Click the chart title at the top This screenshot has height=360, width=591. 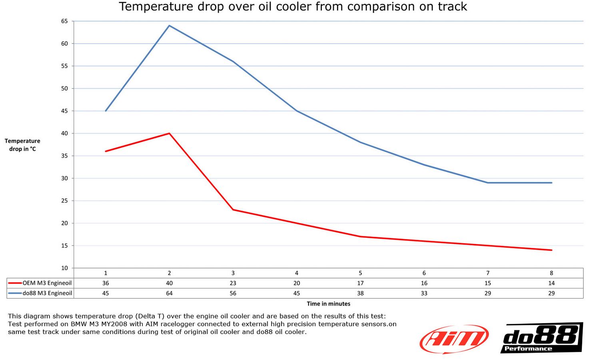click(293, 7)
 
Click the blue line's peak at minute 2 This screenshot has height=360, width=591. click(170, 26)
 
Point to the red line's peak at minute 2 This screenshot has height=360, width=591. click(170, 133)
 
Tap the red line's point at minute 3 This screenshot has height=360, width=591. click(233, 210)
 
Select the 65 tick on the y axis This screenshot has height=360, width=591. click(65, 21)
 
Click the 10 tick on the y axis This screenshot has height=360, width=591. click(65, 268)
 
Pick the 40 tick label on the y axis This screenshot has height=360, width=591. click(65, 133)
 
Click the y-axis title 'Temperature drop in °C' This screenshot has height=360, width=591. click(22, 145)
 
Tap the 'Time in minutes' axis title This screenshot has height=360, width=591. click(328, 304)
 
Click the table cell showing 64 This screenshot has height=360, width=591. click(170, 293)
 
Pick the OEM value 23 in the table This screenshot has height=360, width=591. click(233, 283)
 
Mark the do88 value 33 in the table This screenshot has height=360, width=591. click(424, 293)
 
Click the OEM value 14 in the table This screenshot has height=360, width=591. click(551, 283)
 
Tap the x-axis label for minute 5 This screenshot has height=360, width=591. click(360, 273)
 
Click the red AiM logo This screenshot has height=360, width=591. click(454, 339)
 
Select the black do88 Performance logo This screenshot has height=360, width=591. click(541, 338)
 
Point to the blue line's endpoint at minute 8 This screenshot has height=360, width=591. click(551, 183)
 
